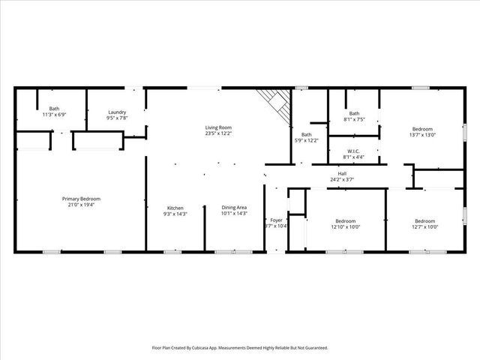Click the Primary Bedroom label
(81, 198)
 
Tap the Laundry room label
(117, 112)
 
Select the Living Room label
(218, 127)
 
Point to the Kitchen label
(175, 208)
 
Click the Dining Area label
(234, 208)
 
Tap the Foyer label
(277, 220)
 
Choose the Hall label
(342, 174)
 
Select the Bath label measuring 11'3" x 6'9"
(55, 109)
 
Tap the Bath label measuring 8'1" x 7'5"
(354, 113)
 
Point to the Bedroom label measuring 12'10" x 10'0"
(345, 220)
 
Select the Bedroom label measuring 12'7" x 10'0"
(424, 220)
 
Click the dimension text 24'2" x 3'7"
(342, 179)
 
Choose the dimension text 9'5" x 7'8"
(117, 118)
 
